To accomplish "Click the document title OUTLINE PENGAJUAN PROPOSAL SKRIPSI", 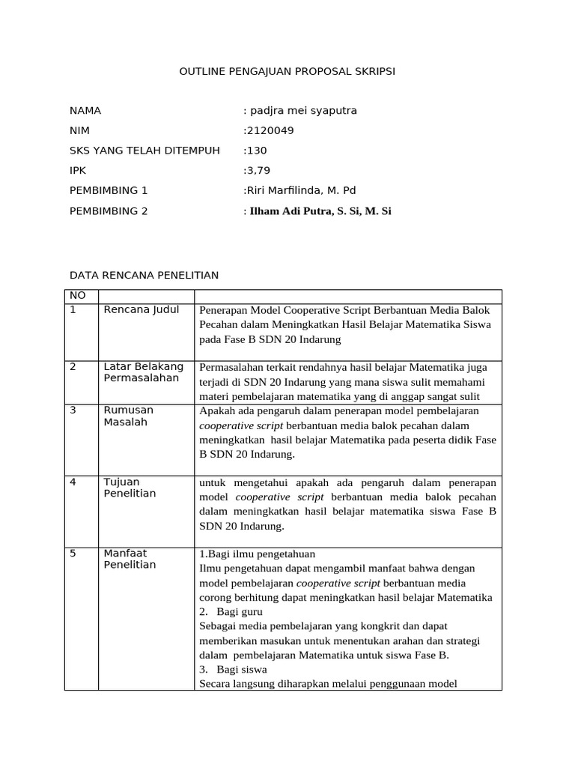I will coord(287,71).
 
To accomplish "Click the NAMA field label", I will coord(85,111).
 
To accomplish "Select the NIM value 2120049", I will coord(270,131).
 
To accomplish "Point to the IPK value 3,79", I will coord(258,171).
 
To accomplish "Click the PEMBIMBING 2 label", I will coord(109,211).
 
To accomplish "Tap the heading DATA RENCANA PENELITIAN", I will coord(144,276).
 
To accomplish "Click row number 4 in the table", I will coord(73,482).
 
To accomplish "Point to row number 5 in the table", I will coord(73,554).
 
